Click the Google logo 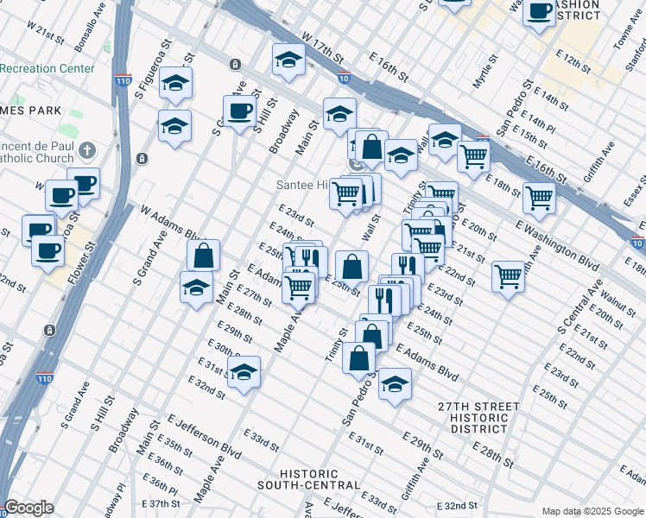pyautogui.click(x=28, y=509)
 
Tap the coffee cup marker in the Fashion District pyautogui.click(x=540, y=12)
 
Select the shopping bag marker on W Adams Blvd pyautogui.click(x=203, y=256)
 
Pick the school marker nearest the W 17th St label pyautogui.click(x=288, y=60)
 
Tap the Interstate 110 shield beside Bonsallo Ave pyautogui.click(x=123, y=83)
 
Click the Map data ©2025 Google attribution pyautogui.click(x=592, y=511)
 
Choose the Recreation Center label pyautogui.click(x=47, y=68)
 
